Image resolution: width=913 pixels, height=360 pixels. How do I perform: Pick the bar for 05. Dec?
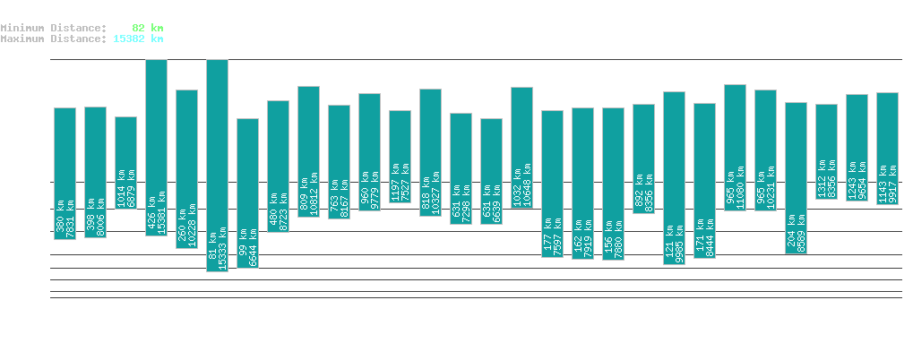(x=827, y=151)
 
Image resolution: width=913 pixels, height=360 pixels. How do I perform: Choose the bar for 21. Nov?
(x=401, y=157)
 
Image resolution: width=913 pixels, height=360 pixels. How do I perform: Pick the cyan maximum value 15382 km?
(x=138, y=39)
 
